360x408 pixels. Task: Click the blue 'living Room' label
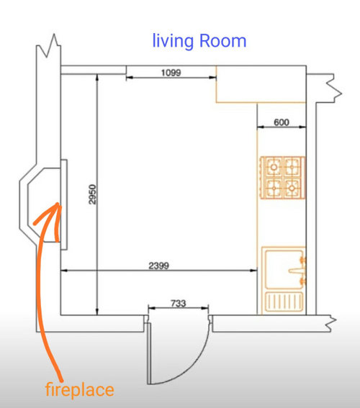(x=199, y=41)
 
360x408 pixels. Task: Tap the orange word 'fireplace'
(x=80, y=389)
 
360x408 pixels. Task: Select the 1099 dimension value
(x=171, y=73)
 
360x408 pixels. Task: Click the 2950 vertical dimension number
(x=92, y=194)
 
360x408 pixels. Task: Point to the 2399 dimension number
(x=159, y=266)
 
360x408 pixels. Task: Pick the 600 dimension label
(x=282, y=122)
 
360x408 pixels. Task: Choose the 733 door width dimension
(x=179, y=303)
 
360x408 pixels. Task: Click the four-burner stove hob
(x=283, y=178)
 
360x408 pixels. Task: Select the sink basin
(x=284, y=269)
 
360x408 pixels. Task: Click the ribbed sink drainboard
(x=284, y=302)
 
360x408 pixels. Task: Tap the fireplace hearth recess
(x=44, y=205)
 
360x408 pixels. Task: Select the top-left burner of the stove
(x=274, y=166)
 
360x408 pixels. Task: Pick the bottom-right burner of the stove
(x=292, y=188)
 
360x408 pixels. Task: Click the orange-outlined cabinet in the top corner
(x=261, y=84)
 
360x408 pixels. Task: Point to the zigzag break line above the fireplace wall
(x=49, y=46)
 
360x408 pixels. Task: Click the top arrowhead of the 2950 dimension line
(x=97, y=77)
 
